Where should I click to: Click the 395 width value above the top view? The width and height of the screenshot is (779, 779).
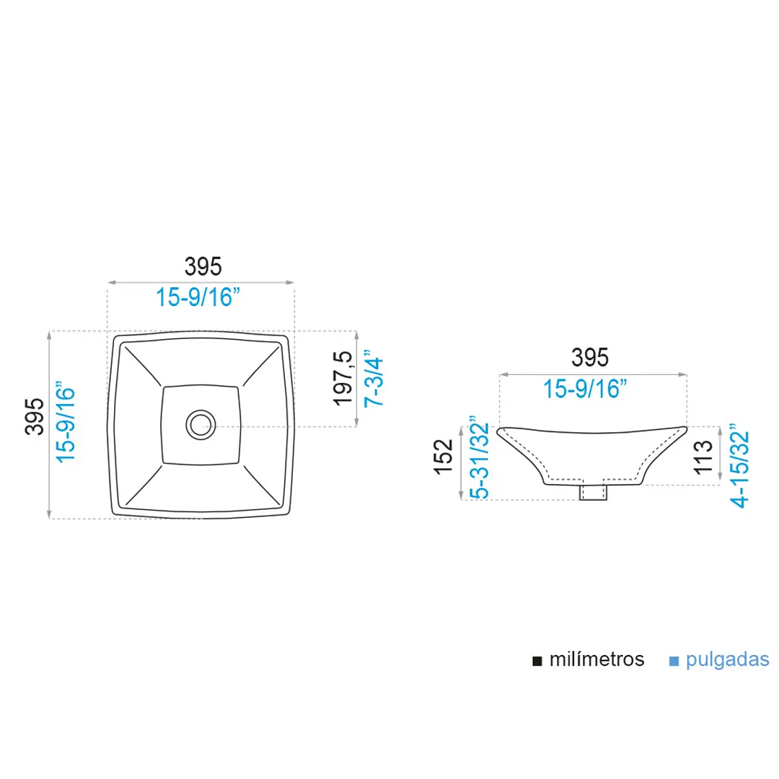point(201,266)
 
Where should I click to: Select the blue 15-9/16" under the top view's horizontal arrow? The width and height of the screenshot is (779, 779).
point(199,296)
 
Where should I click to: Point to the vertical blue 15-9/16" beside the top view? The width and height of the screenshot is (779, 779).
point(66,424)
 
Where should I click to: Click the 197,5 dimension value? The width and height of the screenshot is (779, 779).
point(343,378)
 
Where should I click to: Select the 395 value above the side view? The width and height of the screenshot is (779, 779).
point(590,357)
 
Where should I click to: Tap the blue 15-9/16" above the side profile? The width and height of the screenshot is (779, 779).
point(586,389)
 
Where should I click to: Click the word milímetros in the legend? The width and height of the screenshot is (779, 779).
point(597,659)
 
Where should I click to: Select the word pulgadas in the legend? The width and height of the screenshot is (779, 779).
point(728,659)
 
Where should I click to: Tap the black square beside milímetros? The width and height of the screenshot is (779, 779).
point(537,661)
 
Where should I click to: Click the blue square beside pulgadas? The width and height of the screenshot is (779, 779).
point(674,661)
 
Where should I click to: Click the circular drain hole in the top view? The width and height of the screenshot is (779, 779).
point(200,424)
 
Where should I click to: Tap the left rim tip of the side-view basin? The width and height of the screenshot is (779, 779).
point(502,431)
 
